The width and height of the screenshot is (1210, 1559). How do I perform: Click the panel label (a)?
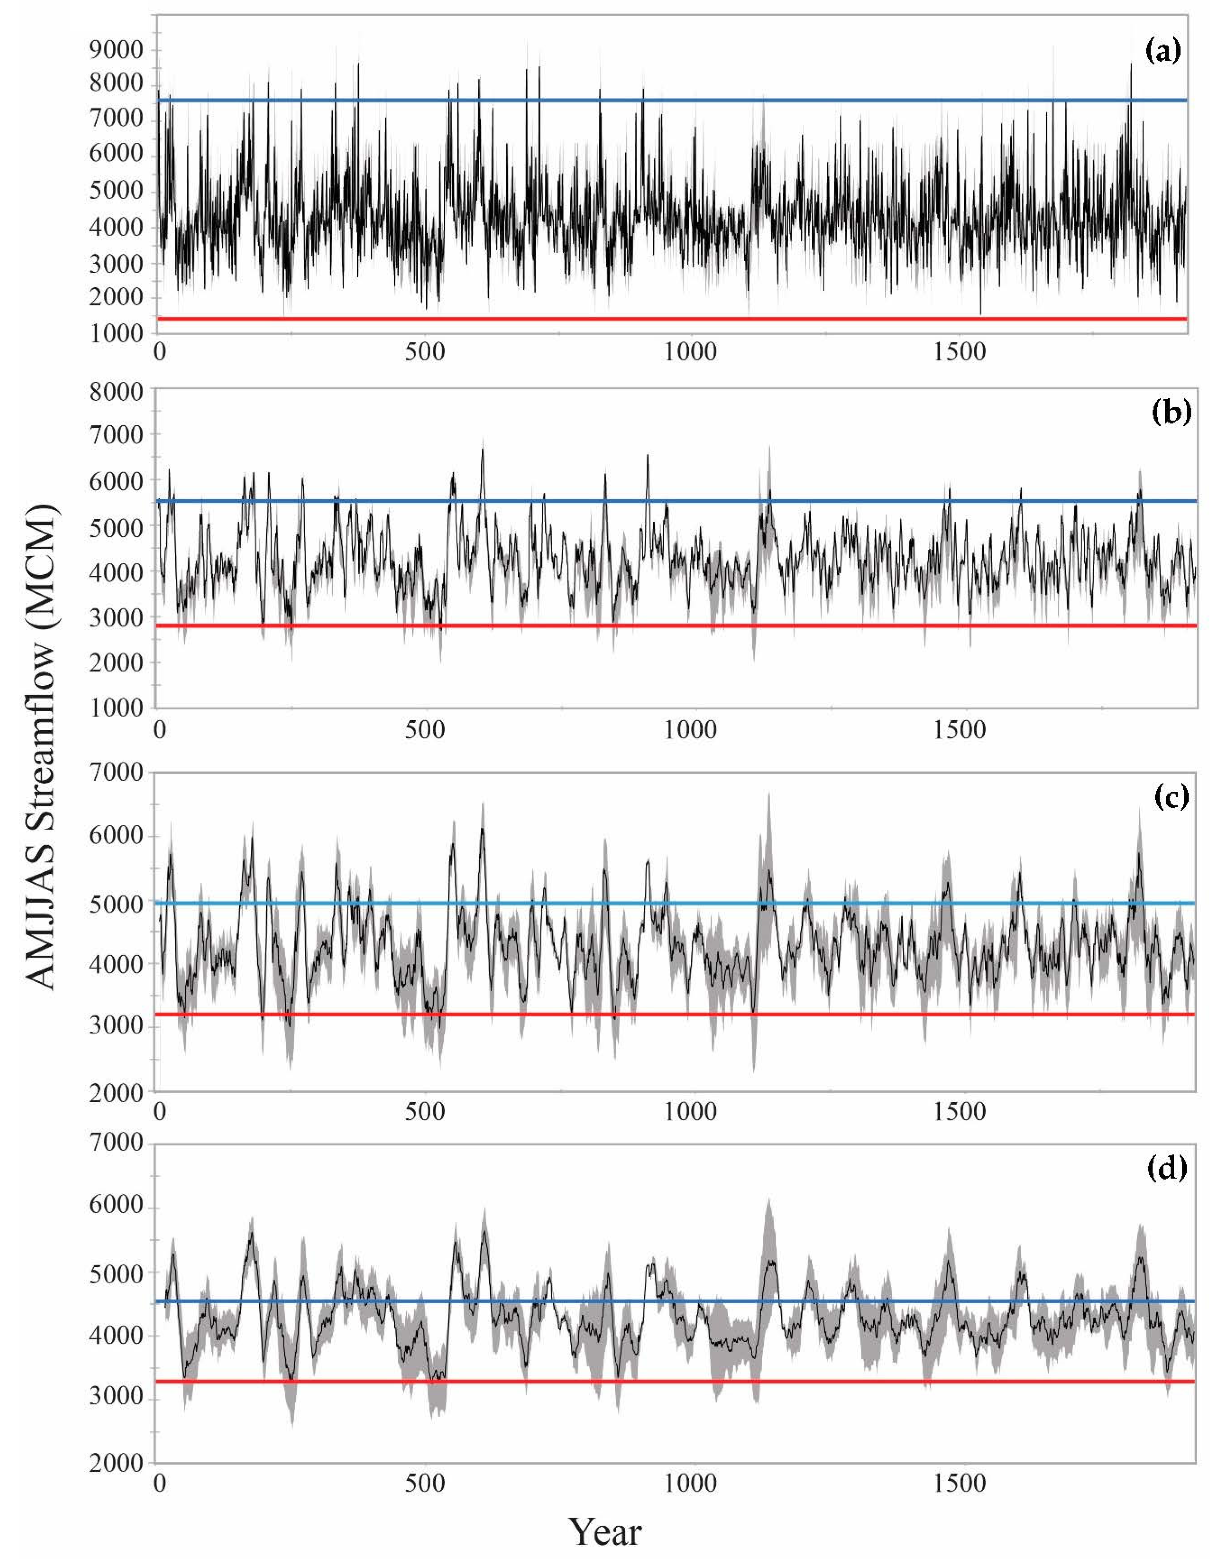1163,51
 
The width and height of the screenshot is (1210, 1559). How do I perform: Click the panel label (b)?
1171,415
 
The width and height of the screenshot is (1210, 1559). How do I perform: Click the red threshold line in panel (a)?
671,318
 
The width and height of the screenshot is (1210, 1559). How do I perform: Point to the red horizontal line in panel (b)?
671,625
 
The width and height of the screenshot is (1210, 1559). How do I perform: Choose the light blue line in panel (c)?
671,903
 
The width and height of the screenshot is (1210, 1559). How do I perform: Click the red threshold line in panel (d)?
671,1381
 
